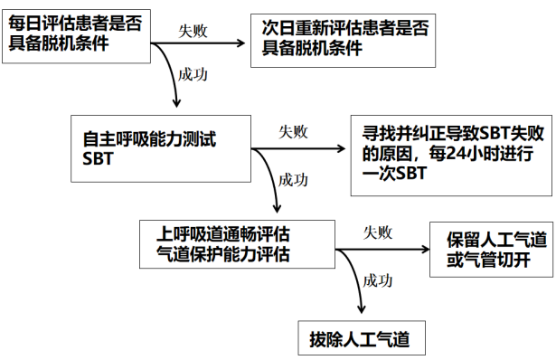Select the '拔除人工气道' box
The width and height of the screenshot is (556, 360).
(x=358, y=341)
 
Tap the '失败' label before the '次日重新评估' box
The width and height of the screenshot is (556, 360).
(x=193, y=29)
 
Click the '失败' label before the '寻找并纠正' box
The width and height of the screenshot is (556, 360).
(x=292, y=131)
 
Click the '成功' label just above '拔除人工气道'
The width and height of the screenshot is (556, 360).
(x=378, y=280)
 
